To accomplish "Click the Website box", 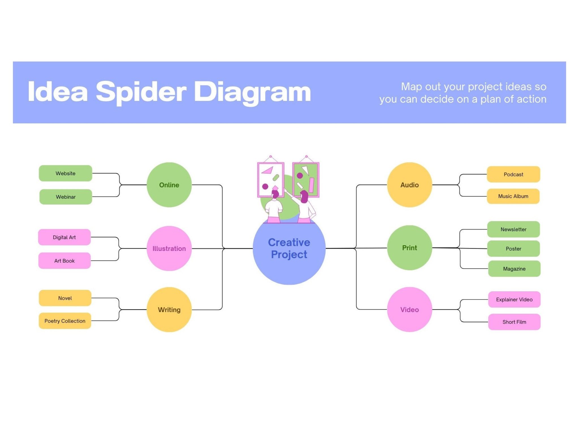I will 65,173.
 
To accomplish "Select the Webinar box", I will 66,197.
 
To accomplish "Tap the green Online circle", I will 169,185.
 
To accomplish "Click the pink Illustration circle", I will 169,248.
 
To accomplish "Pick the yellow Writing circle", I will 169,309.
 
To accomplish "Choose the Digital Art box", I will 64,237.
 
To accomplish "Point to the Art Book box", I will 64,261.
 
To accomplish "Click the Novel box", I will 65,298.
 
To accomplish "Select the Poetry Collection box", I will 65,321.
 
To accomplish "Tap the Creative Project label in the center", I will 289,248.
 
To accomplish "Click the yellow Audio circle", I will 409,185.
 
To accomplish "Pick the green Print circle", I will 409,248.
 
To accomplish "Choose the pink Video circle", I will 409,309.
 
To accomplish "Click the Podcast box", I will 513,174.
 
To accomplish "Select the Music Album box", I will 513,196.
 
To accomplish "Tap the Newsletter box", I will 513,229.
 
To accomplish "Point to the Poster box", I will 513,249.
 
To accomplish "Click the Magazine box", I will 514,269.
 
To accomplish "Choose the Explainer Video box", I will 514,299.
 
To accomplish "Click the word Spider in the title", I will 141,92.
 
